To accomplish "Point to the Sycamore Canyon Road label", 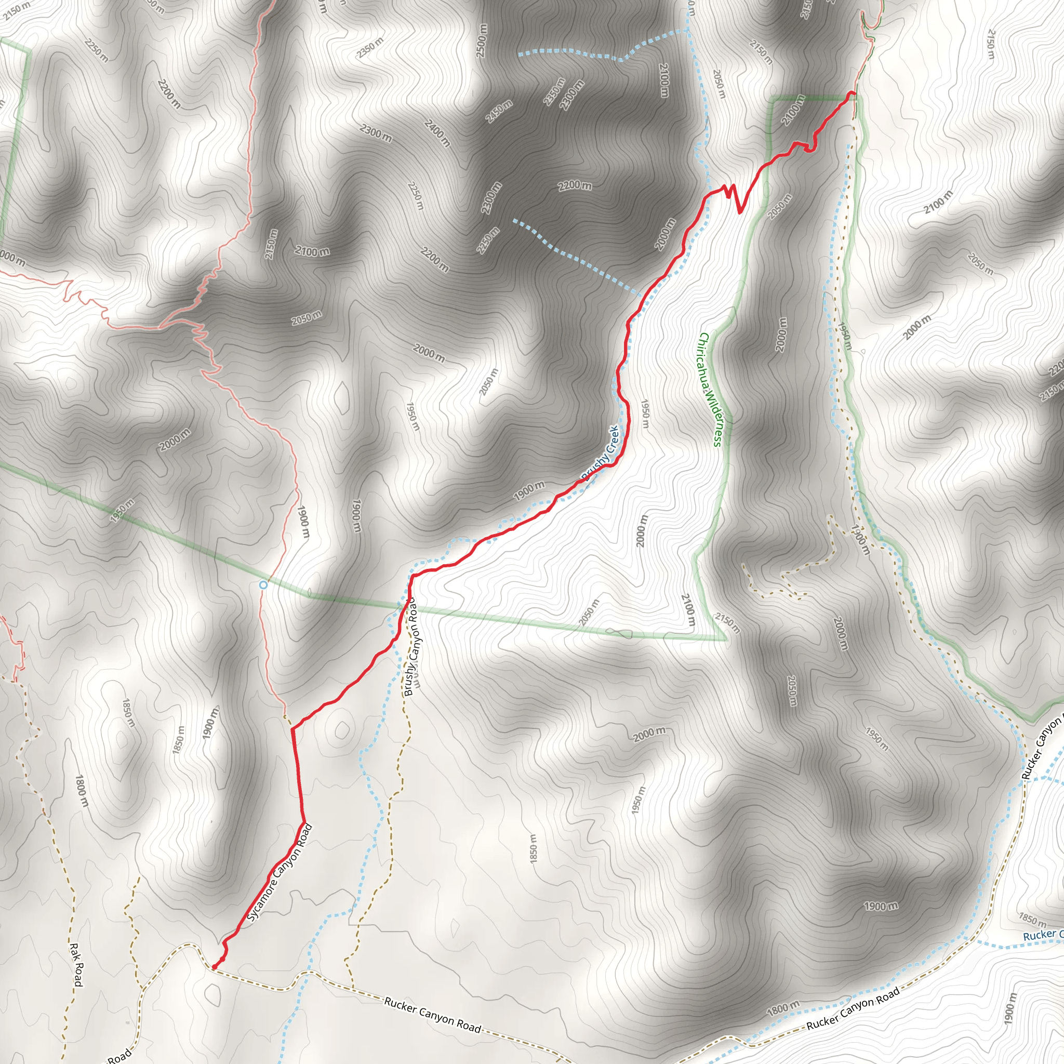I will (280, 872).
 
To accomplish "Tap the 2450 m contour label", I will (499, 111).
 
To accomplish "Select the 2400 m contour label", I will (437, 132).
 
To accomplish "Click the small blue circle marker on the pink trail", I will (263, 584).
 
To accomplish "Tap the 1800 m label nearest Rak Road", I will (81, 791).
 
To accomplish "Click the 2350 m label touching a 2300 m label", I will (554, 91).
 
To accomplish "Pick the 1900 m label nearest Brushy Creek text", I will (529, 489).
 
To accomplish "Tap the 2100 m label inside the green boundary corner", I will (793, 110).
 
